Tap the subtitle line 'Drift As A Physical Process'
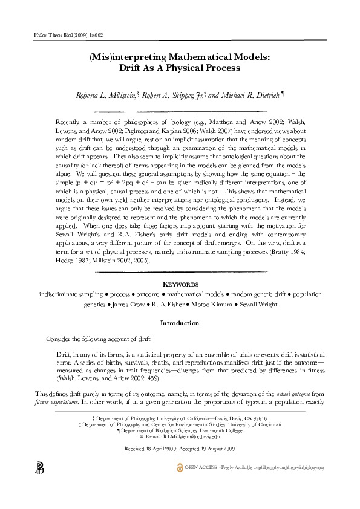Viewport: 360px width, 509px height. (x=180, y=68)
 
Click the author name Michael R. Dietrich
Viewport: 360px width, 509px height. (x=246, y=96)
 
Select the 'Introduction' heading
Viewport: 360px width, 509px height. (x=180, y=323)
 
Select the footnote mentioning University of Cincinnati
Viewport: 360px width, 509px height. (x=180, y=424)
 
